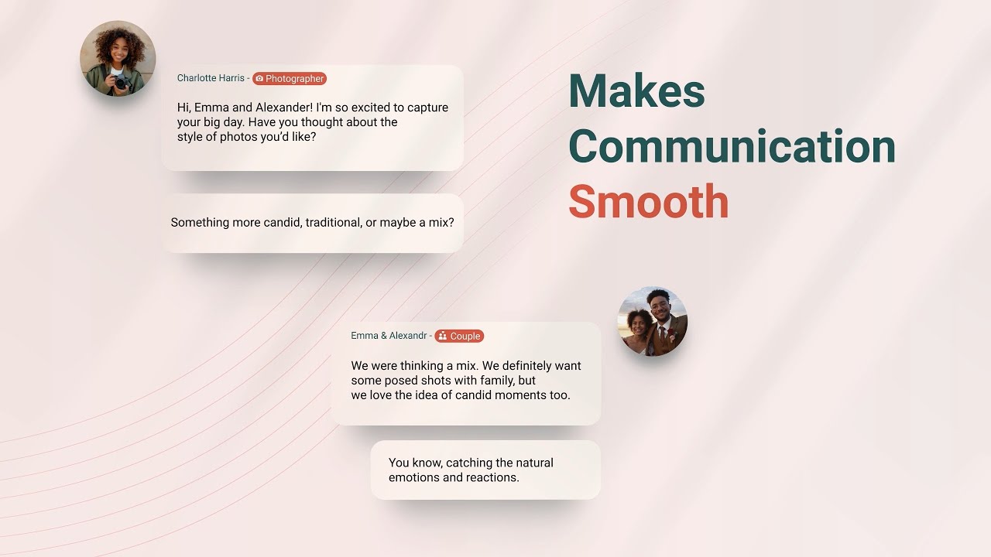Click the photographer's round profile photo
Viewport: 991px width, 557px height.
point(118,59)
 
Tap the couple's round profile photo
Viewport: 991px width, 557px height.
point(653,321)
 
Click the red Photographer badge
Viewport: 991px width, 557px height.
point(290,79)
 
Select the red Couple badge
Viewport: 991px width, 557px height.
point(459,337)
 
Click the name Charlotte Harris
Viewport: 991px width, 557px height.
point(211,78)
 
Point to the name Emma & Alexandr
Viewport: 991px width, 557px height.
point(389,336)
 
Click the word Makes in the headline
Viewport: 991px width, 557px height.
point(636,91)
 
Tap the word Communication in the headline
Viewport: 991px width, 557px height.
point(732,146)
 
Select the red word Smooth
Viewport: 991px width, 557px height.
point(649,202)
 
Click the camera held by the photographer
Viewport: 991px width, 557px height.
point(120,81)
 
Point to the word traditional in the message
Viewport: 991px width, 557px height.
point(333,223)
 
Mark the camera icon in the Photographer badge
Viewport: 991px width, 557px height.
point(259,79)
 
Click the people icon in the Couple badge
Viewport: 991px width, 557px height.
point(442,337)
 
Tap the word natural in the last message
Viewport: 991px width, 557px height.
point(534,463)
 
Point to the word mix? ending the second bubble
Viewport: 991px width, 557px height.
point(438,223)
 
